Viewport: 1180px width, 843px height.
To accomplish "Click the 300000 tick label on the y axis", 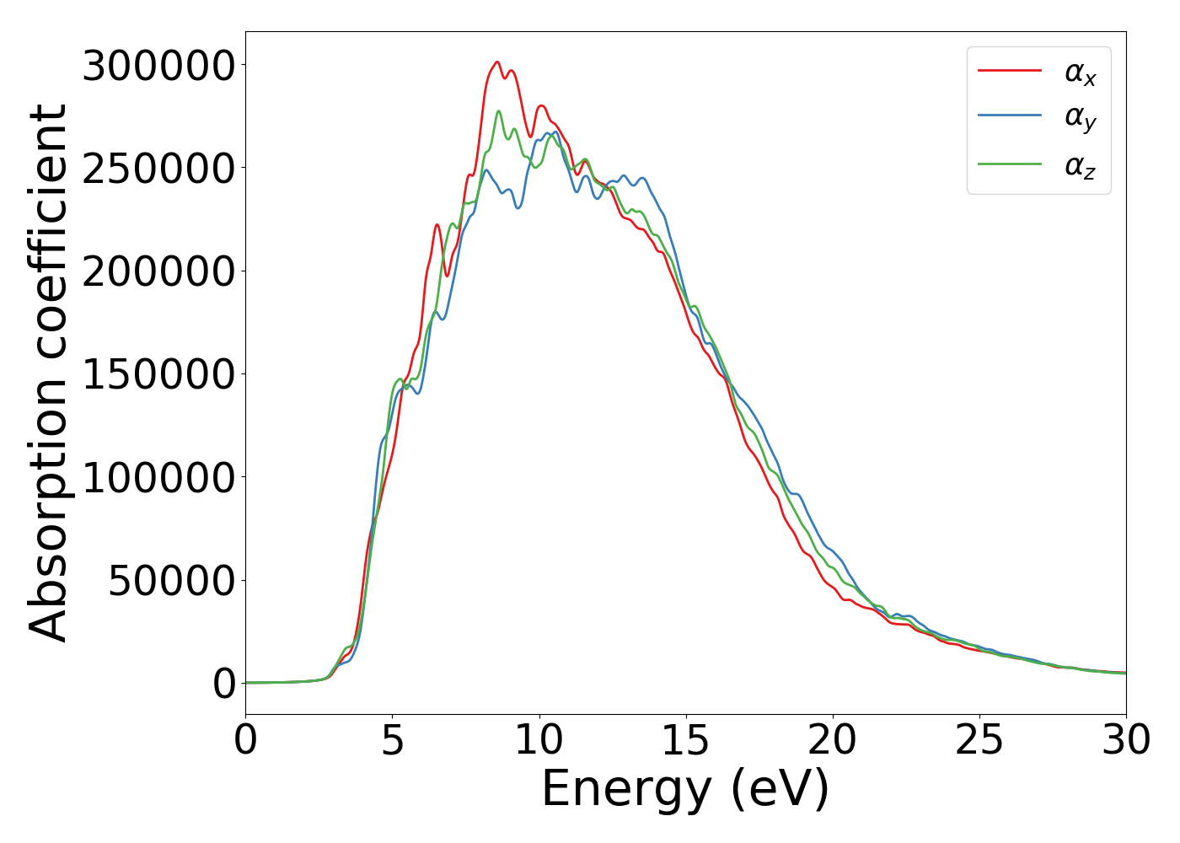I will (x=158, y=66).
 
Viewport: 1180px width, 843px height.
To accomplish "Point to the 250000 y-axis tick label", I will (x=158, y=169).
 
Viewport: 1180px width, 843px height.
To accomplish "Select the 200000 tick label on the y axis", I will (x=158, y=271).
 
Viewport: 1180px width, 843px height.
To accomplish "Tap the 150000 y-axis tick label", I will (x=158, y=374).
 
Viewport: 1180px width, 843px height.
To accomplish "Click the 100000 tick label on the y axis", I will (x=158, y=478).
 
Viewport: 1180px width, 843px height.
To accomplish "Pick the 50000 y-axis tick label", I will (x=171, y=581).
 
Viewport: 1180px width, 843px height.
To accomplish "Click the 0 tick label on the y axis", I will (x=224, y=684).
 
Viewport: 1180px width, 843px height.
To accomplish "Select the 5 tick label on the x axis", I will (x=393, y=741).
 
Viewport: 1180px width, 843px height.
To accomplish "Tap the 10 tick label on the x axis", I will (x=539, y=741).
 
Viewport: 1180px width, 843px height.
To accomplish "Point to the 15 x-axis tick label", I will (x=686, y=741).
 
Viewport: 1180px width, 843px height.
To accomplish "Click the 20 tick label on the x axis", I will (x=833, y=741).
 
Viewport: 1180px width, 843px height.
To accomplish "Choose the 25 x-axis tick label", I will (x=979, y=741).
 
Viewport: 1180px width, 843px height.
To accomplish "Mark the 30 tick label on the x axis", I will (x=1125, y=741).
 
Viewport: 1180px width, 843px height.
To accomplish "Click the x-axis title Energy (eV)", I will (x=685, y=790).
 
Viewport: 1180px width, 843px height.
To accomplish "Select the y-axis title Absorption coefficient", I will (x=48, y=373).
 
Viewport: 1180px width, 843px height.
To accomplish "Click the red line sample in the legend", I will (x=1010, y=71).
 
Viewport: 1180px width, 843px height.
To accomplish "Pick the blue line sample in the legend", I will (x=1010, y=117).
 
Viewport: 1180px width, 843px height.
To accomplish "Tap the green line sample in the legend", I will (x=1010, y=164).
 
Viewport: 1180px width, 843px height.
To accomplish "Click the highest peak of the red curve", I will (x=497, y=62).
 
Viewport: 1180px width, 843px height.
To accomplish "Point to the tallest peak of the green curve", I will (x=498, y=111).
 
